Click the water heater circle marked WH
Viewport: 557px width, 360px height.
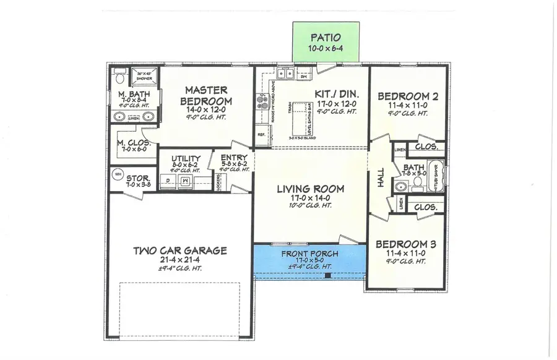click(117, 174)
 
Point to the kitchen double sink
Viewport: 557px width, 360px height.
click(287, 74)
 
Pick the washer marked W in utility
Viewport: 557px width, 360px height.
click(185, 179)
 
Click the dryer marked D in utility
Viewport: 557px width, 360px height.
click(166, 179)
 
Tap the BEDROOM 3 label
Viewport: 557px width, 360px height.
click(407, 244)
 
